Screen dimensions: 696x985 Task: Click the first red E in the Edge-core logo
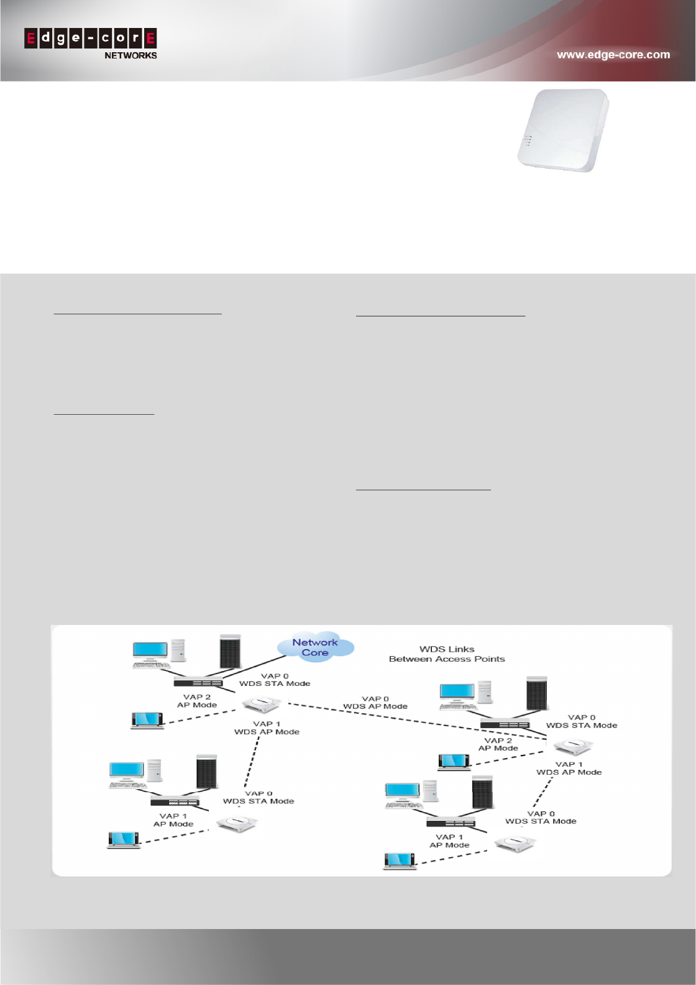[x=31, y=39]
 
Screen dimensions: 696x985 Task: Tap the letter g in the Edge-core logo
[x=61, y=39]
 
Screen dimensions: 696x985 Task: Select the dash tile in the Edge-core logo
[x=91, y=39]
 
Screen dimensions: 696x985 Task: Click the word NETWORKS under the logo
[x=130, y=55]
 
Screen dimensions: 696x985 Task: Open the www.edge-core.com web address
[x=613, y=55]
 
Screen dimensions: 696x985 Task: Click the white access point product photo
[x=563, y=130]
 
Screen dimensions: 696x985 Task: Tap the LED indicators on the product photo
[x=528, y=140]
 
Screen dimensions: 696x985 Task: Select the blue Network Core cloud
[x=316, y=647]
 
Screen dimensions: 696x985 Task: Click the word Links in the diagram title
[x=460, y=649]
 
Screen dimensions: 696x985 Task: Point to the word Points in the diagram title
[x=490, y=659]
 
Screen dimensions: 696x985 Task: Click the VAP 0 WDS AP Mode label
[x=375, y=703]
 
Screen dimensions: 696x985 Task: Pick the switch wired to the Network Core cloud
[x=198, y=682]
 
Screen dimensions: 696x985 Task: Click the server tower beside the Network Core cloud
[x=230, y=652]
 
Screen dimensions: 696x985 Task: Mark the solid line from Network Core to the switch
[x=255, y=668]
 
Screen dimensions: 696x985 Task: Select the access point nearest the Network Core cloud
[x=262, y=704]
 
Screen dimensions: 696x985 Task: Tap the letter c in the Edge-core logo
[x=106, y=39]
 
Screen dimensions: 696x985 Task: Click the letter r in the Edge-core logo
[x=135, y=39]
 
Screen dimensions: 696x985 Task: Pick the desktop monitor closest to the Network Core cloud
[x=150, y=650]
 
